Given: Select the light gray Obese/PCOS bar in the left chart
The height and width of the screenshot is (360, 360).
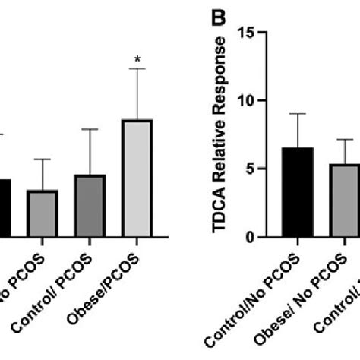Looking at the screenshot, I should pyautogui.click(x=137, y=178).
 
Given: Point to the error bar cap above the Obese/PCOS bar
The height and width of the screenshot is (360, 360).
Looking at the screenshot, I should pyautogui.click(x=137, y=69).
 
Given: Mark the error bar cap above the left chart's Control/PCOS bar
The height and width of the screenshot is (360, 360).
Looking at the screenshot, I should pyautogui.click(x=90, y=130).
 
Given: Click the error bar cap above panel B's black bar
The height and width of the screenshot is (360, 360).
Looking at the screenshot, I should pyautogui.click(x=298, y=114).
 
